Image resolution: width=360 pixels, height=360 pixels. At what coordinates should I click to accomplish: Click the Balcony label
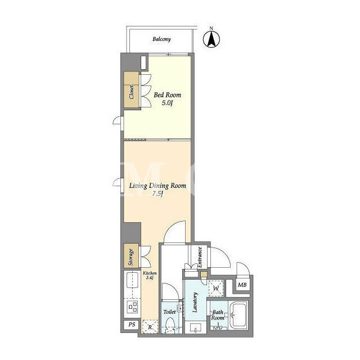click(161, 39)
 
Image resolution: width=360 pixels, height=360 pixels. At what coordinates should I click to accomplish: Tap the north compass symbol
click(211, 39)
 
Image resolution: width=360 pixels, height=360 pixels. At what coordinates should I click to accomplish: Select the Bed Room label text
click(168, 95)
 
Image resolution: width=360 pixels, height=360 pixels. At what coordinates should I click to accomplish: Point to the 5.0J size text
click(167, 103)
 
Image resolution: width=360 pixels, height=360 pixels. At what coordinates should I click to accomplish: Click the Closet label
click(132, 92)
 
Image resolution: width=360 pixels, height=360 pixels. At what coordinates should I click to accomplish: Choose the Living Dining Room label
click(157, 186)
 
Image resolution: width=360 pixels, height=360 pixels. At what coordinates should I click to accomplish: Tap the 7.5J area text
click(157, 193)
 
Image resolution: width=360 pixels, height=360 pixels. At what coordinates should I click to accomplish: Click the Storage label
click(130, 257)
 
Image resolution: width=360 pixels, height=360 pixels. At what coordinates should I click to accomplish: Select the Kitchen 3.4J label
click(150, 275)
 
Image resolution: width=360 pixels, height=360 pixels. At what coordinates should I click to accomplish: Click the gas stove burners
click(133, 307)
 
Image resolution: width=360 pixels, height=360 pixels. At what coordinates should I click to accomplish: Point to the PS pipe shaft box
click(132, 325)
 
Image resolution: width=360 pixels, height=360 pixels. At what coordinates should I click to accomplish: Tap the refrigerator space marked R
click(150, 326)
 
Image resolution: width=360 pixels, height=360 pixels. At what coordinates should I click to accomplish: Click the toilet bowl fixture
click(170, 325)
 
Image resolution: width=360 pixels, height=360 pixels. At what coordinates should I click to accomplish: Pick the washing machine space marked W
click(216, 288)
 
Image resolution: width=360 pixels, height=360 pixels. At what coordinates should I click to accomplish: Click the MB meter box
click(242, 285)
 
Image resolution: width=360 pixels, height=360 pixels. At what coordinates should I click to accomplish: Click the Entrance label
click(200, 257)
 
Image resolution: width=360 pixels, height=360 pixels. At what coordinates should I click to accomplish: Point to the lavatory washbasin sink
click(195, 327)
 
